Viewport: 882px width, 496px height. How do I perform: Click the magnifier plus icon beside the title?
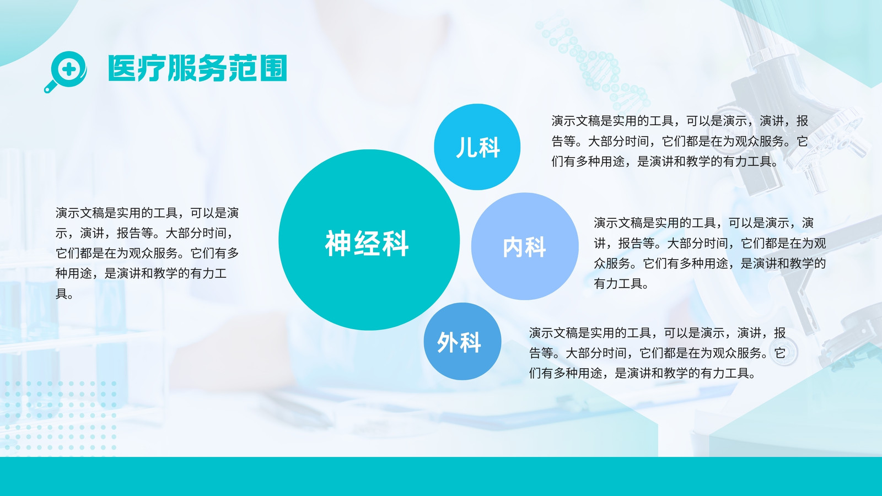tap(66, 72)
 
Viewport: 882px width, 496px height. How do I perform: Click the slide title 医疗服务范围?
tap(198, 68)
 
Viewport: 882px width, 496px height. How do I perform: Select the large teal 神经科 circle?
tap(369, 240)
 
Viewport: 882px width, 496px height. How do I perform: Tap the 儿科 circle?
tap(477, 147)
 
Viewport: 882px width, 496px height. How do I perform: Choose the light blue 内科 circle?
tap(525, 246)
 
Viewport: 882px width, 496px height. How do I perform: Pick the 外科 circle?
tap(462, 341)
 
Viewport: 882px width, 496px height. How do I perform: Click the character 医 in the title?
tap(122, 68)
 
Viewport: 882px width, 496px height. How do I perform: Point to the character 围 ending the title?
tap(273, 68)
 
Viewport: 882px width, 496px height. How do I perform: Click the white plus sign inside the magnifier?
tap(69, 69)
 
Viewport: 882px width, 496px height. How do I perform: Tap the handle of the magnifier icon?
tap(51, 87)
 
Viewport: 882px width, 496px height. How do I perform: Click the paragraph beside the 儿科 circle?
tap(680, 141)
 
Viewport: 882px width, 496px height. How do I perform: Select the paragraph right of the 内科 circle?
tap(709, 253)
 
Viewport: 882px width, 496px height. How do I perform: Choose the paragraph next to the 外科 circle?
tap(657, 353)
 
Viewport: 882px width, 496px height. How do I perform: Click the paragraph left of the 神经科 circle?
tap(147, 253)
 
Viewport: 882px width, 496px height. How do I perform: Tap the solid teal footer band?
tap(441, 476)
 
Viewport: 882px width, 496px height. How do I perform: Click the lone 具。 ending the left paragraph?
tap(64, 294)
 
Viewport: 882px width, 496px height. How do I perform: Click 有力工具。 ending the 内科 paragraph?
tap(621, 283)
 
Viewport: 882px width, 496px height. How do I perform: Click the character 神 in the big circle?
tap(338, 243)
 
